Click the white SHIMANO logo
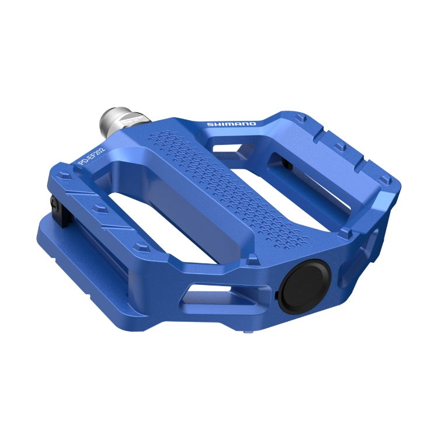231,124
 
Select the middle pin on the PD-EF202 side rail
97,208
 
